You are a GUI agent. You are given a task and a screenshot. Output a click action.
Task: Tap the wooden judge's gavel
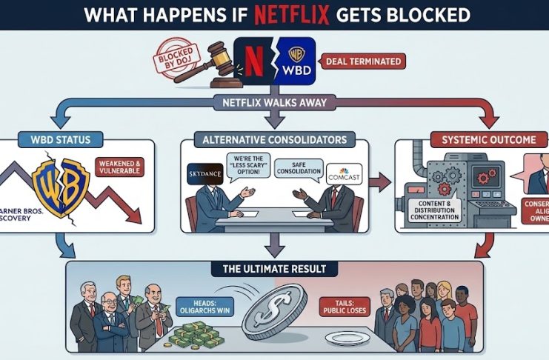[208, 52]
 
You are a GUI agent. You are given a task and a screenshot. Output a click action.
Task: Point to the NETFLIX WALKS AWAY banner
[275, 104]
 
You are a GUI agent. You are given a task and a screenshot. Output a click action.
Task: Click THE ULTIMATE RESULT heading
[275, 268]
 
